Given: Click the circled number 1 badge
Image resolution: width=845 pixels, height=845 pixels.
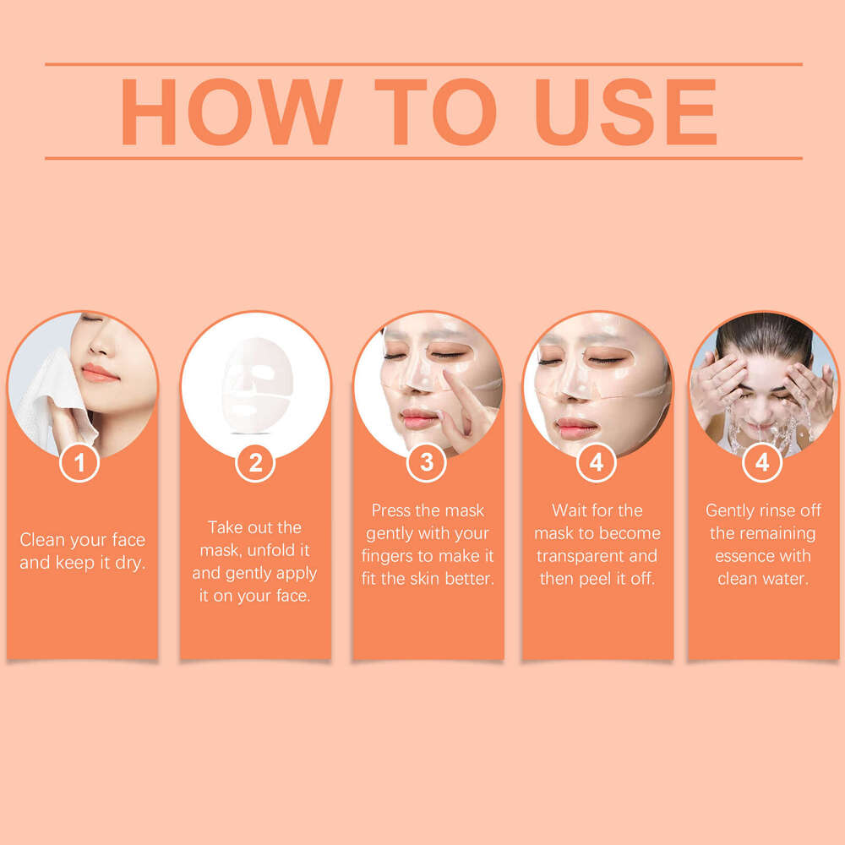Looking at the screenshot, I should [80, 462].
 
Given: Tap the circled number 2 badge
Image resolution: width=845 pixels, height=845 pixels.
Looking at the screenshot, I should [255, 462].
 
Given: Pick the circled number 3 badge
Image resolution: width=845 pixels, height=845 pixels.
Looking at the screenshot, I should [428, 462].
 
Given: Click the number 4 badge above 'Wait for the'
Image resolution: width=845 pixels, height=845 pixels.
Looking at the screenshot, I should [597, 462].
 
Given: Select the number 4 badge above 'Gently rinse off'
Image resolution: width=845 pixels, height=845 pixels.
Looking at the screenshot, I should [762, 462].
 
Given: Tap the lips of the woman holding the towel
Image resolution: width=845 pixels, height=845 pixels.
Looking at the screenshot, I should [100, 373].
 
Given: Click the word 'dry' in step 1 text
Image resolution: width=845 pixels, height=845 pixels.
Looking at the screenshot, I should [129, 562].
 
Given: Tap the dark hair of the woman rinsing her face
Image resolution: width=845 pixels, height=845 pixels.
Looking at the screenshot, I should [765, 331].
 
